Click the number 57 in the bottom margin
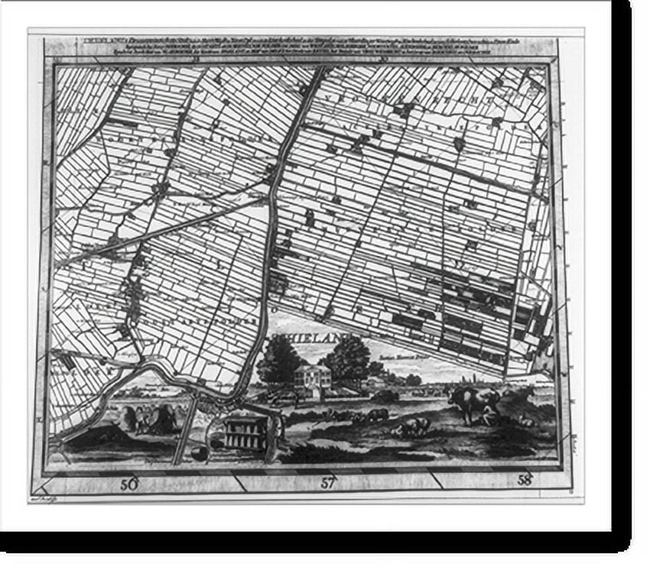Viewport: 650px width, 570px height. (x=328, y=482)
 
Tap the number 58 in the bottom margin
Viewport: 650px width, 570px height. (x=525, y=481)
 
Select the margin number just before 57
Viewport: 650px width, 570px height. (x=128, y=484)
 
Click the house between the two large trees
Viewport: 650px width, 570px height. (x=312, y=380)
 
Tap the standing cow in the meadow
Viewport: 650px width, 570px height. (x=473, y=403)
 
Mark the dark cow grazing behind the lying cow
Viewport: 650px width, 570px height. (x=376, y=415)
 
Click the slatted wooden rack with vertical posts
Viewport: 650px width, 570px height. (x=246, y=432)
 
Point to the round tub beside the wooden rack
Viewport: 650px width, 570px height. (x=199, y=453)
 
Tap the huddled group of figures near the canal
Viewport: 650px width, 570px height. (x=149, y=419)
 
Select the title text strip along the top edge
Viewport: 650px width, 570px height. (x=306, y=47)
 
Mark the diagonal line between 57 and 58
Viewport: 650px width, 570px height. (x=437, y=481)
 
